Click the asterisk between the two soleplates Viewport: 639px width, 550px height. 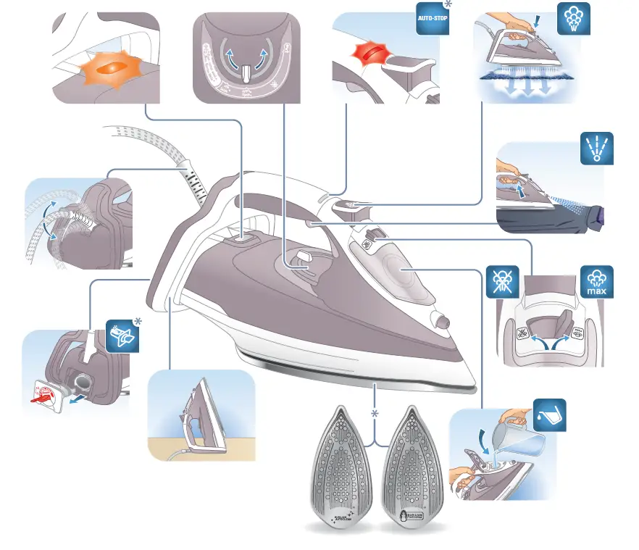click(375, 413)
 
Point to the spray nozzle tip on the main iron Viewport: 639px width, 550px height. click(440, 320)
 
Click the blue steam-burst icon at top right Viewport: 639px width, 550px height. click(573, 20)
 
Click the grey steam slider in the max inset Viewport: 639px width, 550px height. click(567, 322)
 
